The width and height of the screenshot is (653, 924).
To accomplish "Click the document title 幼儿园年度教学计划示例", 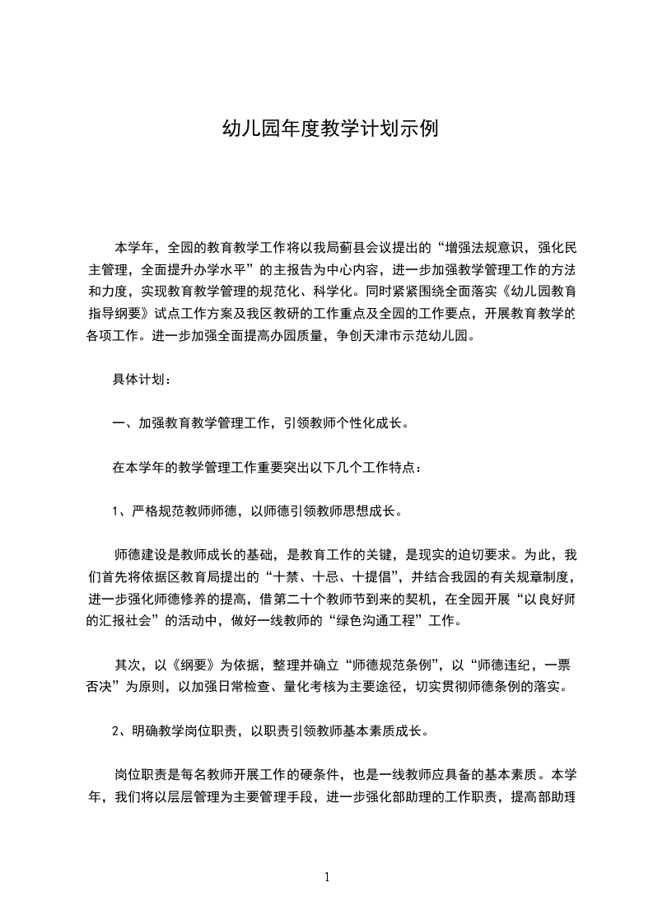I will coord(326,129).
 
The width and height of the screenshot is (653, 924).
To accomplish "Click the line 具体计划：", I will coord(142,380).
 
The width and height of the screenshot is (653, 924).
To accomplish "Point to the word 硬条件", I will coord(305,775).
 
